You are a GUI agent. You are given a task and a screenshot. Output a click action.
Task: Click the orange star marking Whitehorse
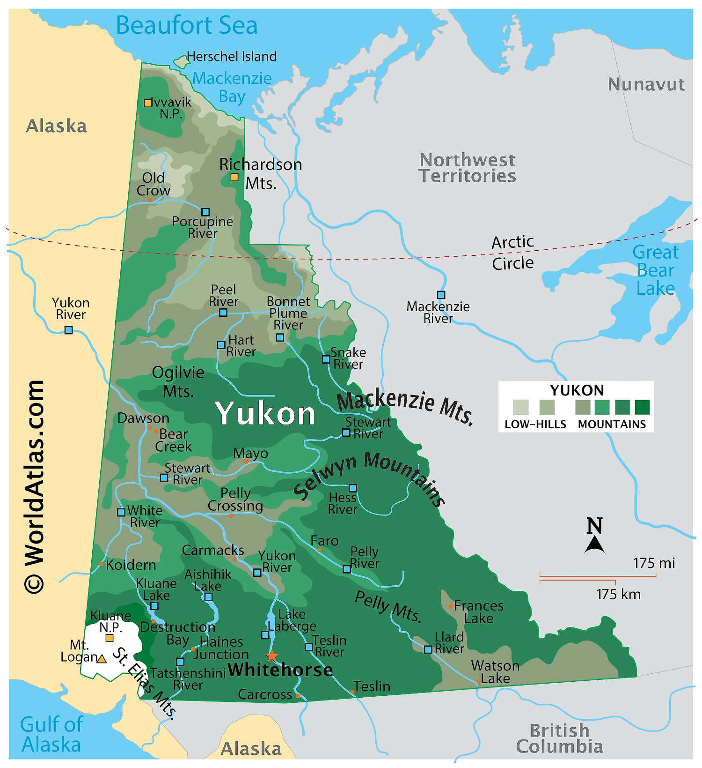pyautogui.click(x=271, y=656)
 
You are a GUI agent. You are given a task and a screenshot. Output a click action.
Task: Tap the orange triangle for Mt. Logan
pyautogui.click(x=102, y=659)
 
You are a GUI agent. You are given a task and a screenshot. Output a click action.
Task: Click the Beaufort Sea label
pyautogui.click(x=186, y=25)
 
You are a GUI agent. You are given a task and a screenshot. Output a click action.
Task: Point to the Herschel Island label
pyautogui.click(x=232, y=57)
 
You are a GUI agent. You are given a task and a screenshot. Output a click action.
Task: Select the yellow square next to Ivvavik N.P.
pyautogui.click(x=148, y=103)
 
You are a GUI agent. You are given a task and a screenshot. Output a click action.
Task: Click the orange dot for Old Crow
pyautogui.click(x=150, y=200)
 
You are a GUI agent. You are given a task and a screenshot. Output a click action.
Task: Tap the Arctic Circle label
pyautogui.click(x=512, y=253)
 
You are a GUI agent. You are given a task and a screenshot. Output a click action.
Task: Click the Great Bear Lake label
pyautogui.click(x=655, y=270)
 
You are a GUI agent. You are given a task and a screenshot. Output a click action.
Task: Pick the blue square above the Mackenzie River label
pyautogui.click(x=441, y=295)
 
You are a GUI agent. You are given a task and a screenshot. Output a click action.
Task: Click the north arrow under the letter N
pyautogui.click(x=594, y=545)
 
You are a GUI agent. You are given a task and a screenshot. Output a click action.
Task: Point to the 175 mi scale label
pyautogui.click(x=654, y=563)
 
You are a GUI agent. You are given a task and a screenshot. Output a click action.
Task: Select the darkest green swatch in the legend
pyautogui.click(x=642, y=407)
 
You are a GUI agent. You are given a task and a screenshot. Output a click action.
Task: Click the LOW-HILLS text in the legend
pyautogui.click(x=535, y=425)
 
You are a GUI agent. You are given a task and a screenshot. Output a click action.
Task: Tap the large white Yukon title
pyautogui.click(x=265, y=414)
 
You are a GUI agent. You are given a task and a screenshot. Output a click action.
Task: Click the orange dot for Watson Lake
pyautogui.click(x=478, y=682)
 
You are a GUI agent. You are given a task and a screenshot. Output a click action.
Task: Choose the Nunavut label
pyautogui.click(x=646, y=85)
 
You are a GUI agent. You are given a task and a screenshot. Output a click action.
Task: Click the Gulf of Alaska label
pyautogui.click(x=51, y=734)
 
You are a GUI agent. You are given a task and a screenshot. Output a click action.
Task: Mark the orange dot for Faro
pyautogui.click(x=319, y=550)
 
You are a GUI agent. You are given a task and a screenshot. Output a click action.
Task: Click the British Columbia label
pyautogui.click(x=559, y=738)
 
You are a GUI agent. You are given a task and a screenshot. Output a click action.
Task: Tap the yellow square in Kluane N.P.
pyautogui.click(x=110, y=638)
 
